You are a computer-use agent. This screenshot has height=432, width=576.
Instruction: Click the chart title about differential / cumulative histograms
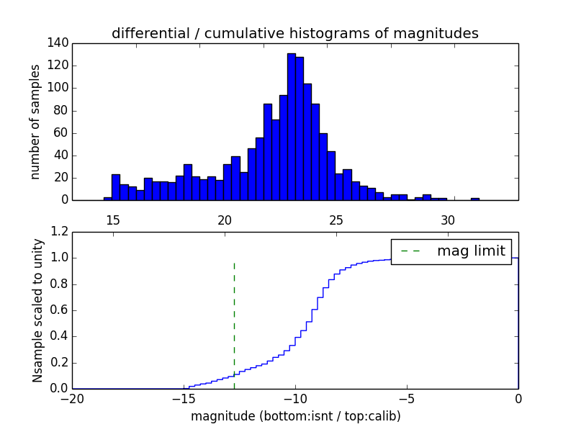[x=294, y=33]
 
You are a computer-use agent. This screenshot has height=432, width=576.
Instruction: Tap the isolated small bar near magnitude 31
[x=475, y=199]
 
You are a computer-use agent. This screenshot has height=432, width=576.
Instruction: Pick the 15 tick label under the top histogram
[x=112, y=220]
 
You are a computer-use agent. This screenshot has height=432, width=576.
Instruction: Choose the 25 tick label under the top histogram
[x=336, y=220]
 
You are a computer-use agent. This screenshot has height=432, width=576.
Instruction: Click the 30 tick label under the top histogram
[x=448, y=220]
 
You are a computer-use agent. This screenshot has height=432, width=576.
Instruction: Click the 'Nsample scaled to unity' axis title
[x=37, y=310]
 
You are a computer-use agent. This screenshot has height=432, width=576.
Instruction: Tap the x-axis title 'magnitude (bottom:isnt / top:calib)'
[x=295, y=416]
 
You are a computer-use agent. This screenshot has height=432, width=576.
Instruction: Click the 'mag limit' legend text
[x=472, y=251]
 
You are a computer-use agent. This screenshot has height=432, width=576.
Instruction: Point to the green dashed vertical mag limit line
[x=234, y=317]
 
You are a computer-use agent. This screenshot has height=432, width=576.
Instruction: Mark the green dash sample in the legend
[x=411, y=251]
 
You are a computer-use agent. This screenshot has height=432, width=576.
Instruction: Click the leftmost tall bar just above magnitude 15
[x=116, y=187]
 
